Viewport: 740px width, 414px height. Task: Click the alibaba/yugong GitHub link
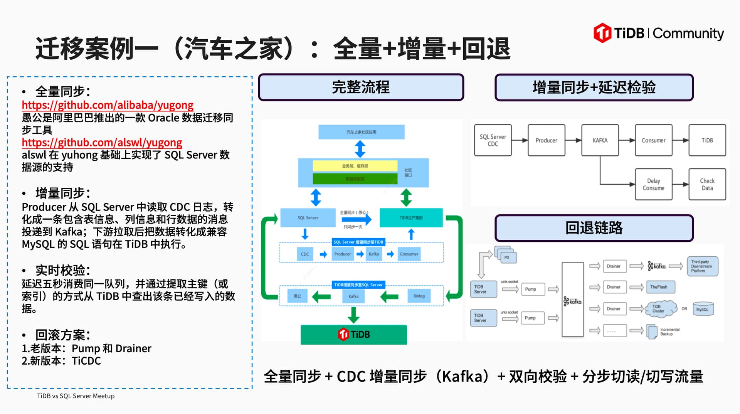coord(108,105)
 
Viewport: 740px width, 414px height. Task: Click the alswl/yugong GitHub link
coord(102,142)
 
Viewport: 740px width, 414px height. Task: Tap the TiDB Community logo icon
coord(602,33)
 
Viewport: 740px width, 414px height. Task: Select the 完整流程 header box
coord(361,87)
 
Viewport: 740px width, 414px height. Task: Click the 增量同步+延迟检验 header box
coord(594,88)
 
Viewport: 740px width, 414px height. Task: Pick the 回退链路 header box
coord(594,228)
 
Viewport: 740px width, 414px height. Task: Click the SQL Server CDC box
coord(493,140)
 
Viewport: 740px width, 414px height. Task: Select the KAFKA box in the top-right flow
coord(600,140)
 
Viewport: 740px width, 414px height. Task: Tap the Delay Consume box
coord(653,184)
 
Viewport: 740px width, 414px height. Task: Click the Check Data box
coord(707,184)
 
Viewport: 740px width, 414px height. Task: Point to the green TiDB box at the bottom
coord(353,334)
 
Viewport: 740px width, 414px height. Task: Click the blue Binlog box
coord(419,296)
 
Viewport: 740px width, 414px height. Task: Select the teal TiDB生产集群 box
coord(411,218)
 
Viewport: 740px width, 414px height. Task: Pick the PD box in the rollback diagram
coord(507,257)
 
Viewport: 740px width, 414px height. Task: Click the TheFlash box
coord(660,287)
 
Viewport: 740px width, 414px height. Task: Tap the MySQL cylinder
coord(703,309)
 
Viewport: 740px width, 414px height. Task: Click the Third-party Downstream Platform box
coord(702,266)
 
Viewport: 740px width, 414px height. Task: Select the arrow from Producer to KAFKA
coord(573,140)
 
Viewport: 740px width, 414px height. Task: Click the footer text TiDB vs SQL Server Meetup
coord(76,396)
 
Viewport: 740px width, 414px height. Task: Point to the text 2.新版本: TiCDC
coord(61,361)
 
